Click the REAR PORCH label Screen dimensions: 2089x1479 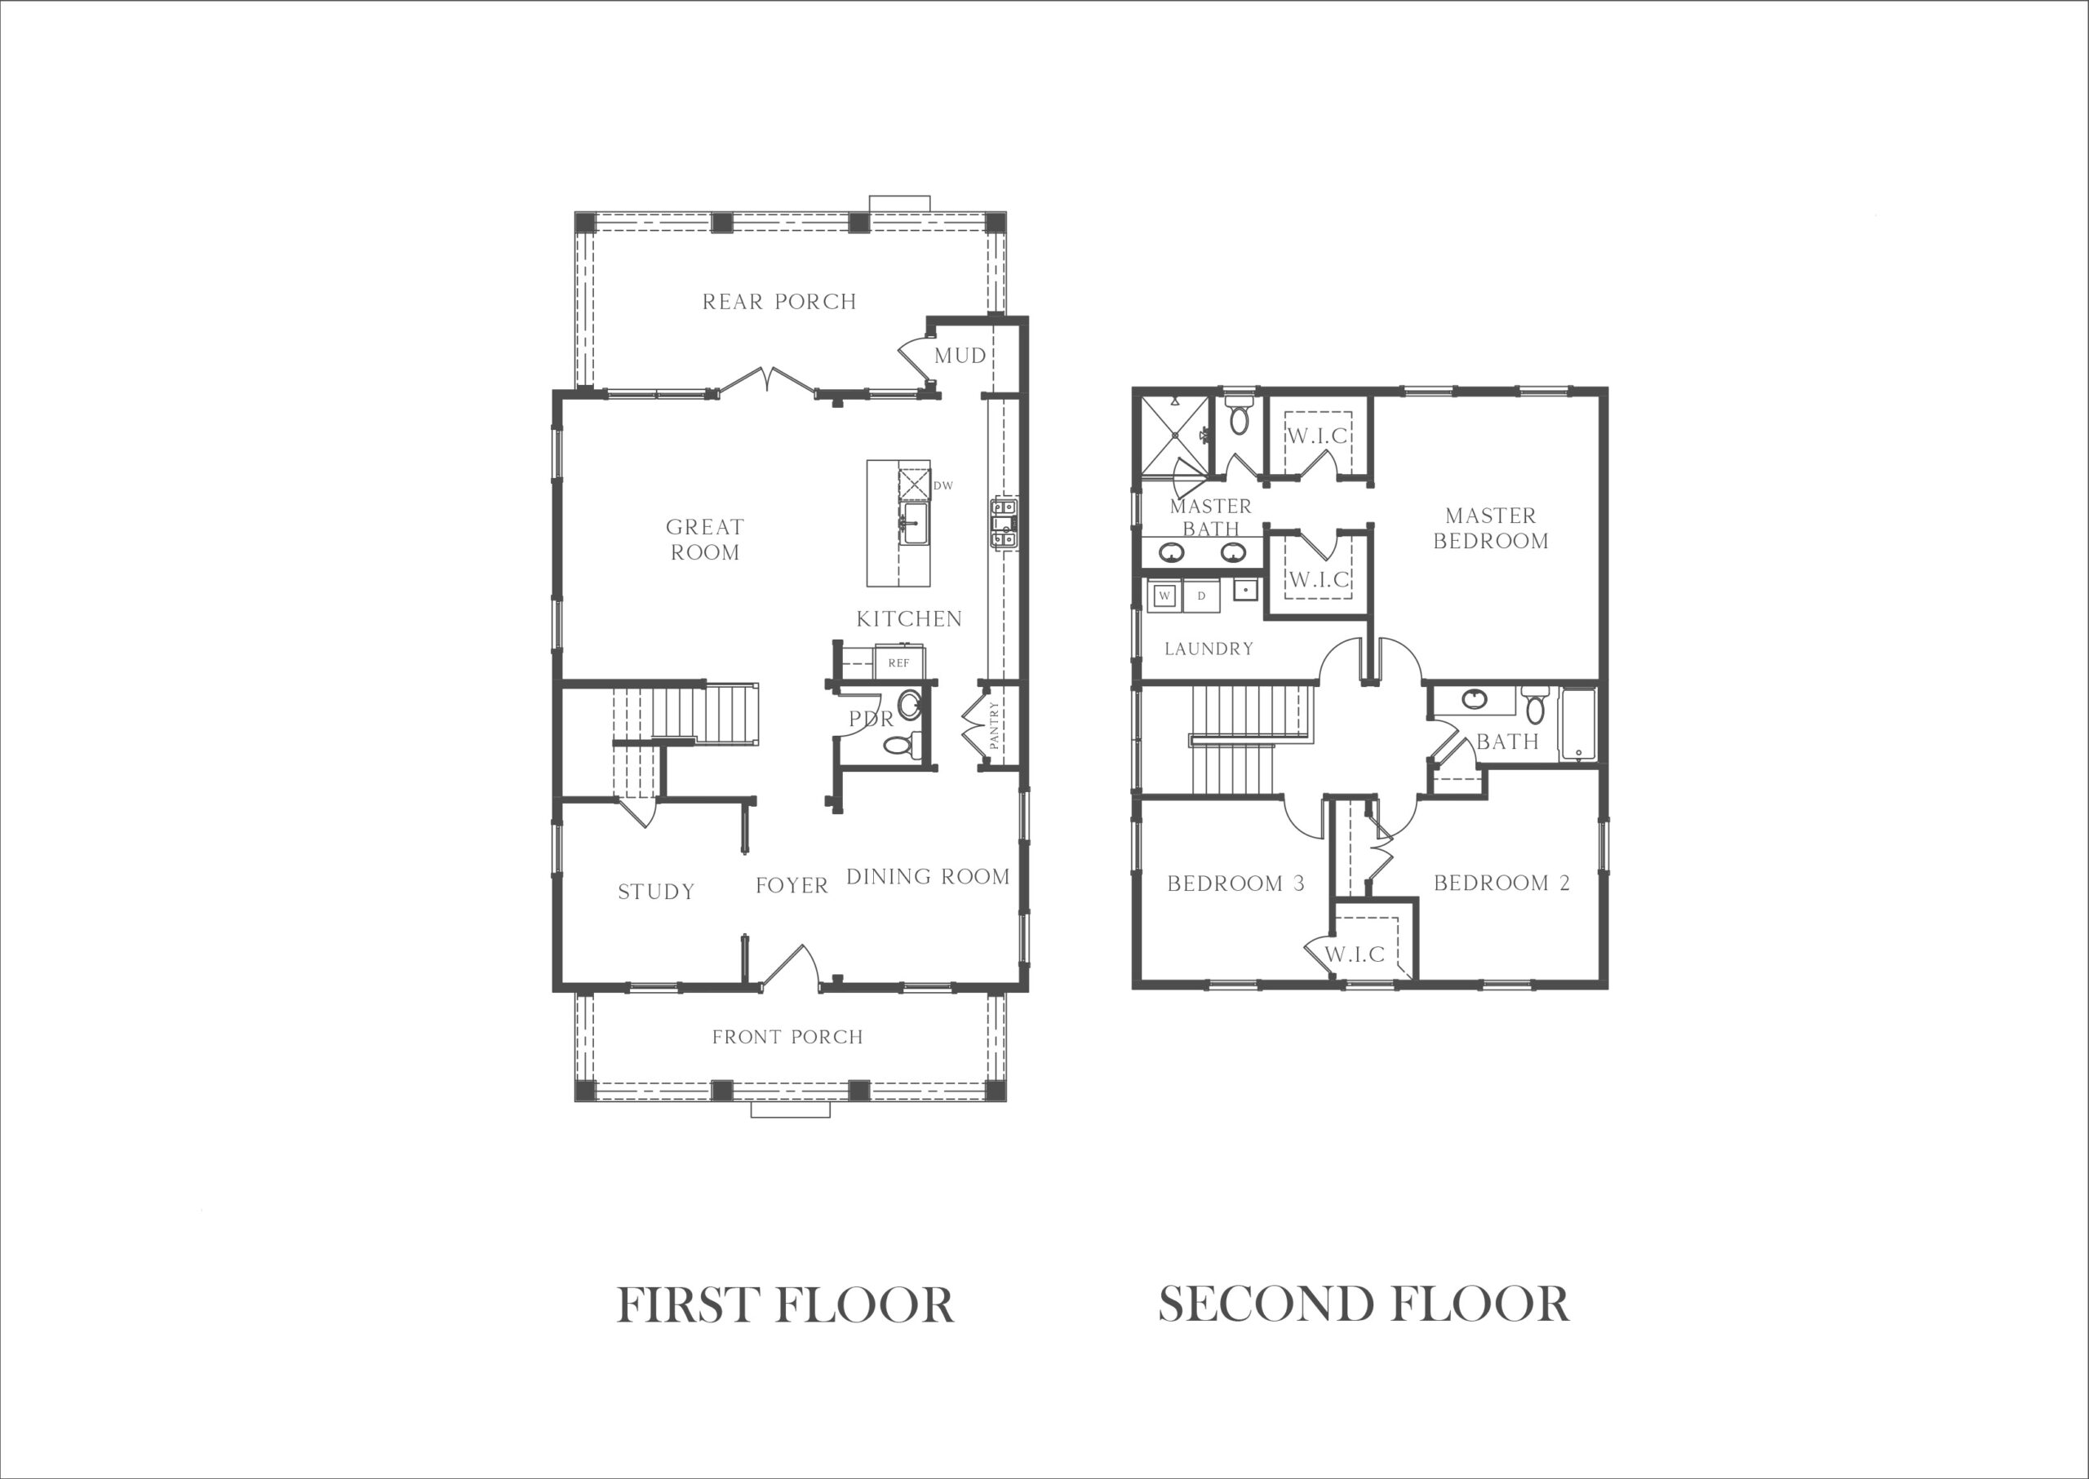[779, 302]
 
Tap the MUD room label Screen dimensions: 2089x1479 [960, 355]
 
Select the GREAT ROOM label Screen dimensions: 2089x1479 [705, 539]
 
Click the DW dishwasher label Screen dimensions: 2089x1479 [943, 485]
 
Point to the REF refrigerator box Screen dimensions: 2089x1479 [899, 662]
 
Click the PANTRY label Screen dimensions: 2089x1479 [994, 725]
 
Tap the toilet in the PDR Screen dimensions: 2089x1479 [898, 745]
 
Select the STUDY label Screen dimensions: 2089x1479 [656, 892]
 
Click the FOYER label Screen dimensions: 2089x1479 [792, 885]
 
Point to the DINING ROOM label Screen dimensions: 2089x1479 [928, 876]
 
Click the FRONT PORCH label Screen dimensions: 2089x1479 [787, 1036]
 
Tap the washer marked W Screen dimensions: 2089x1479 [1164, 596]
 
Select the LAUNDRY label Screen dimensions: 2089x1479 [1209, 649]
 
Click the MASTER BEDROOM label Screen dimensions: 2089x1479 [1490, 529]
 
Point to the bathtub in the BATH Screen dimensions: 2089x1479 [1578, 725]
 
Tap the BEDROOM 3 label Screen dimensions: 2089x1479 [1235, 883]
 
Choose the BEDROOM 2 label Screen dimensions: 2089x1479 [1501, 883]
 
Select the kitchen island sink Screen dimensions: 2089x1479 [915, 524]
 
